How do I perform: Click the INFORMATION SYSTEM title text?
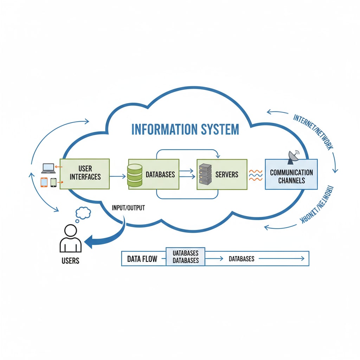[185, 129]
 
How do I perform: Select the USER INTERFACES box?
[85, 174]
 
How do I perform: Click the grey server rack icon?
[204, 174]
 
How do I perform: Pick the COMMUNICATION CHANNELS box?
[291, 174]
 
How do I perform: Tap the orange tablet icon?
[44, 182]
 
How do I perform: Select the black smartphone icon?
[53, 182]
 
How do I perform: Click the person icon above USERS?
[71, 239]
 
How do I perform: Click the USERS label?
[70, 261]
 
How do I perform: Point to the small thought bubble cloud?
[83, 212]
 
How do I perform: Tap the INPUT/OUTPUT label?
[128, 207]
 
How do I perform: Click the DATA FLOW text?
[142, 259]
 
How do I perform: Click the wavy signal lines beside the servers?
[256, 175]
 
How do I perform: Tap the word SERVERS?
[227, 174]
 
